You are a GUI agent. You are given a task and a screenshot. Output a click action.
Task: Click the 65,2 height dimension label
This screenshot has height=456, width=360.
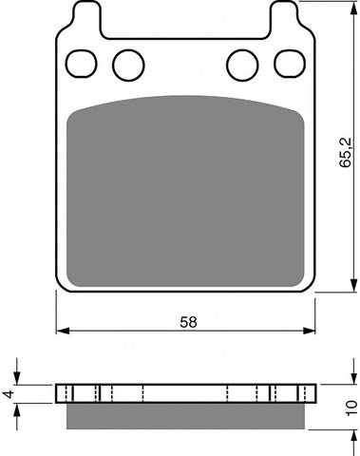pos(346,152)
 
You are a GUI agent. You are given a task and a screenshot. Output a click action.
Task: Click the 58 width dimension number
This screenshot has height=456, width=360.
pos(188,322)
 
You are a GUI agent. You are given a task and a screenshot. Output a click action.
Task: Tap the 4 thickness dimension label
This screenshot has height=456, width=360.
pos(9,394)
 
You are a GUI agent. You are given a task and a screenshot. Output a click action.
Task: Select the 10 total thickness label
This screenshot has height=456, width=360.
pos(351,408)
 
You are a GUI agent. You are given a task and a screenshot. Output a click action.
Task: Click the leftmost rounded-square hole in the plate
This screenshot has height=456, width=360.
pos(82,64)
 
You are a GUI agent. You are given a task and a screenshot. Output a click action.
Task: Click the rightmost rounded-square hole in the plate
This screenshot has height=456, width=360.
pos(290,64)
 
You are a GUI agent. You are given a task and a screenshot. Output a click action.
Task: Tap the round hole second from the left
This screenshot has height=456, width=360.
pos(128,65)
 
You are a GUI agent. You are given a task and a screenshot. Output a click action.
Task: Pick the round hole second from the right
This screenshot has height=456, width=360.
pos(242,65)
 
